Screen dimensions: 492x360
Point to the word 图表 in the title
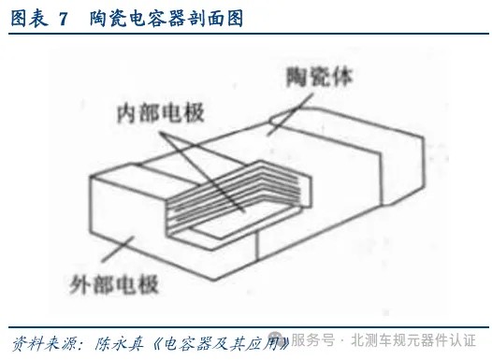(x=28, y=17)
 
